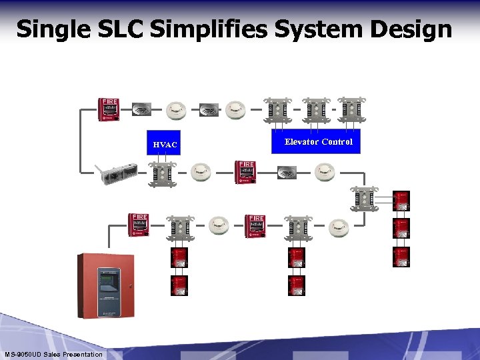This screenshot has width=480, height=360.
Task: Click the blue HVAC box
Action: click(x=164, y=143)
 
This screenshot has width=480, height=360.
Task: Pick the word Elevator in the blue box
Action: click(x=301, y=141)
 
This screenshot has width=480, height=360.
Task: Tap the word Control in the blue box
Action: click(x=337, y=141)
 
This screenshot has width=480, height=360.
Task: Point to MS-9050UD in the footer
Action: click(x=23, y=354)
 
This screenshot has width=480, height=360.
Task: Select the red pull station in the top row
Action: click(x=109, y=109)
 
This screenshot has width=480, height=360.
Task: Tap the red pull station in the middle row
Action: click(x=246, y=172)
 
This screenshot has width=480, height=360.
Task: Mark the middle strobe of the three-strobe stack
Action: click(x=401, y=228)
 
